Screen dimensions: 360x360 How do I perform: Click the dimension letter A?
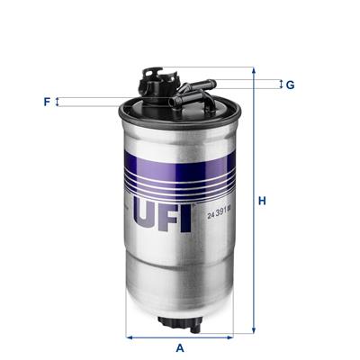[180, 347]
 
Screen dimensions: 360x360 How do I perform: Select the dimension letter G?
[291, 85]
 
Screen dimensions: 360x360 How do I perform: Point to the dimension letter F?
[47, 102]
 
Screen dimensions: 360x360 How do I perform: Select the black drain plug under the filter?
[179, 320]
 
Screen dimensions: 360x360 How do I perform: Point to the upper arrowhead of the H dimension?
[253, 71]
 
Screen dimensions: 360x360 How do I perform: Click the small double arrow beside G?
[280, 85]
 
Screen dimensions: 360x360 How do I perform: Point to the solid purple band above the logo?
[178, 158]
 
